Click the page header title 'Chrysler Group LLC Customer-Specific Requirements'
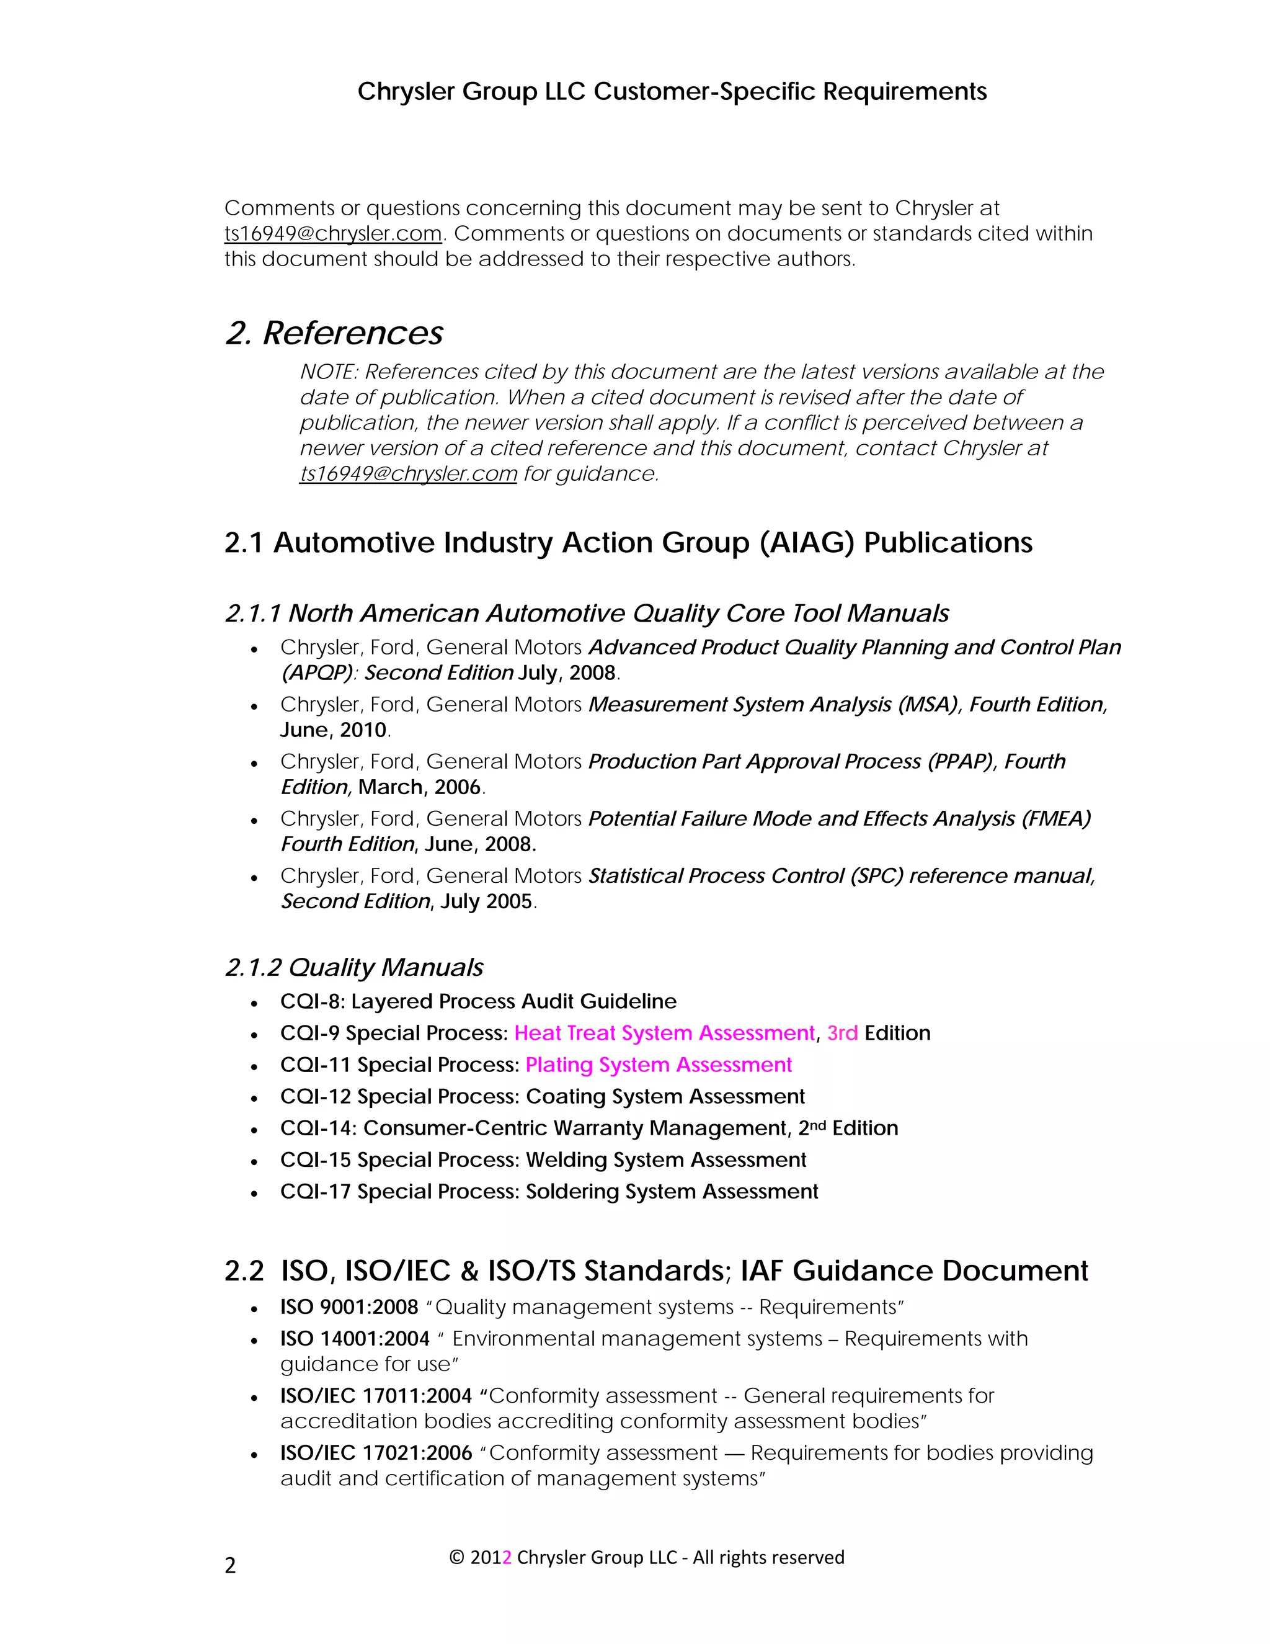pyautogui.click(x=671, y=91)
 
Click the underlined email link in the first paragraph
pyautogui.click(x=332, y=233)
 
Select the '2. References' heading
pyautogui.click(x=334, y=333)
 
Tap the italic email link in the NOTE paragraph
pyautogui.click(x=408, y=473)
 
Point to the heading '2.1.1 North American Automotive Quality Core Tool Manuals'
pyautogui.click(x=586, y=614)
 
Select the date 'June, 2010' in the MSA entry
pyautogui.click(x=333, y=730)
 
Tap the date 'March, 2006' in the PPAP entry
pyautogui.click(x=419, y=787)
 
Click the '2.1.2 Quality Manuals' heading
pyautogui.click(x=353, y=967)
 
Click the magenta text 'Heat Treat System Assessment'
pyautogui.click(x=664, y=1034)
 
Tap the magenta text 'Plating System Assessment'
pyautogui.click(x=659, y=1065)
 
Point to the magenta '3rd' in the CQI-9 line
pyautogui.click(x=842, y=1034)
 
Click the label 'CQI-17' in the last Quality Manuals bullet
pyautogui.click(x=315, y=1192)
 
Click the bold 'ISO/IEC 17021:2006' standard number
pyautogui.click(x=375, y=1453)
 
